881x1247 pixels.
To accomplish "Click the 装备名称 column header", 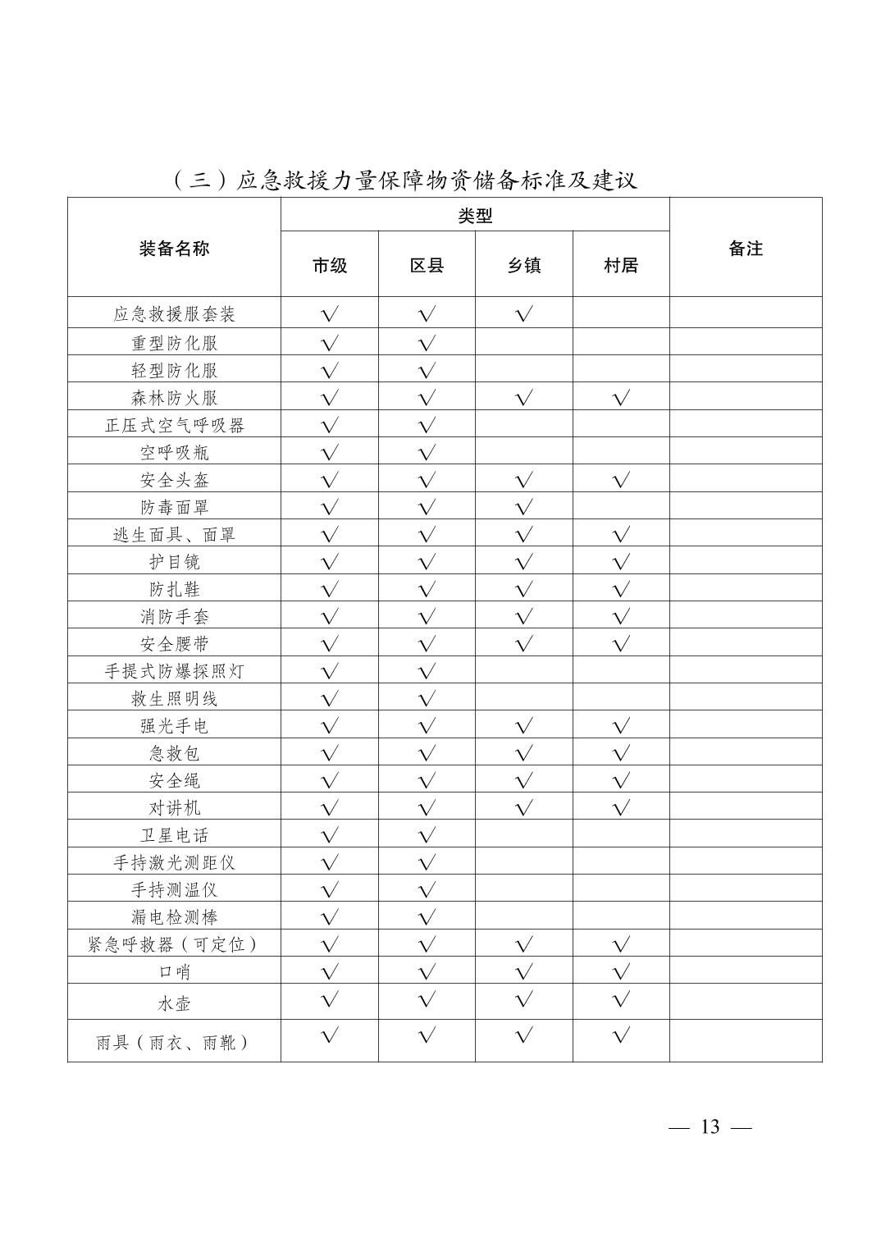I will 174,249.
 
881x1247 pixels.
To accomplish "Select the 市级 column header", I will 330,265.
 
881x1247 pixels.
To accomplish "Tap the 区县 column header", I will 427,265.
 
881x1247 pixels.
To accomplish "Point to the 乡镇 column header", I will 524,265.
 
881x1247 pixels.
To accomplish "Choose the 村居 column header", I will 621,265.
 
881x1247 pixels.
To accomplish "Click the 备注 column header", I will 746,249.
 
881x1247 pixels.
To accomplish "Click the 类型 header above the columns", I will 475,216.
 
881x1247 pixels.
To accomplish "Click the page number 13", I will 710,1126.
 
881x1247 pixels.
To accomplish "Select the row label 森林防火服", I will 174,398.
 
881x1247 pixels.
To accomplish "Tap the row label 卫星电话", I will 174,835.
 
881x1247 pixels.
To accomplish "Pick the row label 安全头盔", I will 174,480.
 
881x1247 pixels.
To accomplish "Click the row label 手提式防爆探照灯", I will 174,671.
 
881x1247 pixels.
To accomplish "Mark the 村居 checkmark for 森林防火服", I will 621,398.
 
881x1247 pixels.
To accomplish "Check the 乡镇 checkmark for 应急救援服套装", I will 524,313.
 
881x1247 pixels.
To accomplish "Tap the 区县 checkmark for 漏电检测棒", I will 427,917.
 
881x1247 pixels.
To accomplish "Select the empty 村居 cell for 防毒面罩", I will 621,507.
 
